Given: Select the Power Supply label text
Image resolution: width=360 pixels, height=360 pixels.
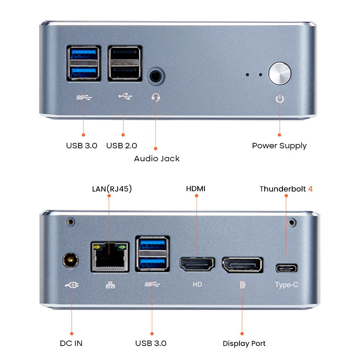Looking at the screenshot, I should coord(279,146).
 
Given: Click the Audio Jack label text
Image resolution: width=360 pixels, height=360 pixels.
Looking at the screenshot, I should coord(157,158).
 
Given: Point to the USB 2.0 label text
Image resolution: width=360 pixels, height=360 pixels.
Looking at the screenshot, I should coord(122,146).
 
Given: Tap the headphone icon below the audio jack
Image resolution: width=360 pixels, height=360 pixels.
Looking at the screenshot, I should coord(156,97).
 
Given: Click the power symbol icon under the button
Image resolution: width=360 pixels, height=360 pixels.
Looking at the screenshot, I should coord(280,98).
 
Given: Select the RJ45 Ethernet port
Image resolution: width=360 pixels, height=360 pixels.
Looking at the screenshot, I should coord(110,256).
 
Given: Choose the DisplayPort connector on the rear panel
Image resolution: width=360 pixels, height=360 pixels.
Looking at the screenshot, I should coord(242,265).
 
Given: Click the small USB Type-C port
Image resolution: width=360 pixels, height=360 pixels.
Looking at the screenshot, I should coord(287,268).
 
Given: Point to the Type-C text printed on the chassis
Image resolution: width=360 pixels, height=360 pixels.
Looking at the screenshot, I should coord(287,285).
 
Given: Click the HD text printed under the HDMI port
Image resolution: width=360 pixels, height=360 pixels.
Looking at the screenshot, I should coord(197,284).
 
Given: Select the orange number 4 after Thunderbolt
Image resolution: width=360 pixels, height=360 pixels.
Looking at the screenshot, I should coord(310,189).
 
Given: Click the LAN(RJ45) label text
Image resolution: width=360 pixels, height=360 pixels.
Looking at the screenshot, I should coord(112,189).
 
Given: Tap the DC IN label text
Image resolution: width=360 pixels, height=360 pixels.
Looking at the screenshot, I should coord(71,343).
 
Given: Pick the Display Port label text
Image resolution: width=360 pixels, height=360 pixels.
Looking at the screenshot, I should coord(244,343).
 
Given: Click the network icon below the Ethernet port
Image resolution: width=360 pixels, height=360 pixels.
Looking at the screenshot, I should coord(111,285).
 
